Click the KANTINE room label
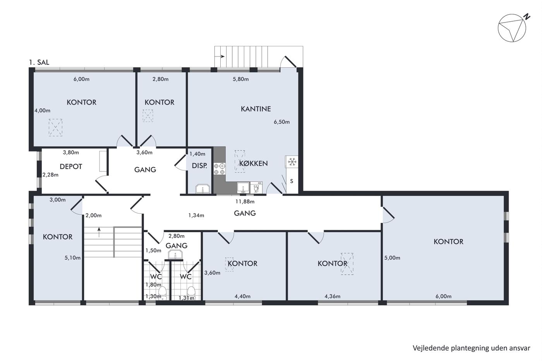[x=256, y=109]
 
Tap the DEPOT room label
[x=70, y=166]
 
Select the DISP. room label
[x=199, y=166]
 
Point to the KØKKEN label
[x=253, y=163]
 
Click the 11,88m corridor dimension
[x=245, y=201]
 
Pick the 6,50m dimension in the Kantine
[x=282, y=122]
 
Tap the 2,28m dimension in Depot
[x=50, y=175]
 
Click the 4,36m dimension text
[x=332, y=296]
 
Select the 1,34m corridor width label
[x=196, y=215]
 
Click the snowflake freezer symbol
[x=292, y=162]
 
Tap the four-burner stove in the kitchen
[x=219, y=169]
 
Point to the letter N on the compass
[x=527, y=17]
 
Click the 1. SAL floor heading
[x=39, y=62]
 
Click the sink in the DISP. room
[x=203, y=188]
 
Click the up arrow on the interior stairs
[x=99, y=232]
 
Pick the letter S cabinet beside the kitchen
[x=292, y=181]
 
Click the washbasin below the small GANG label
[x=175, y=255]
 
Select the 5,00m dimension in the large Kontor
[x=392, y=258]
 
